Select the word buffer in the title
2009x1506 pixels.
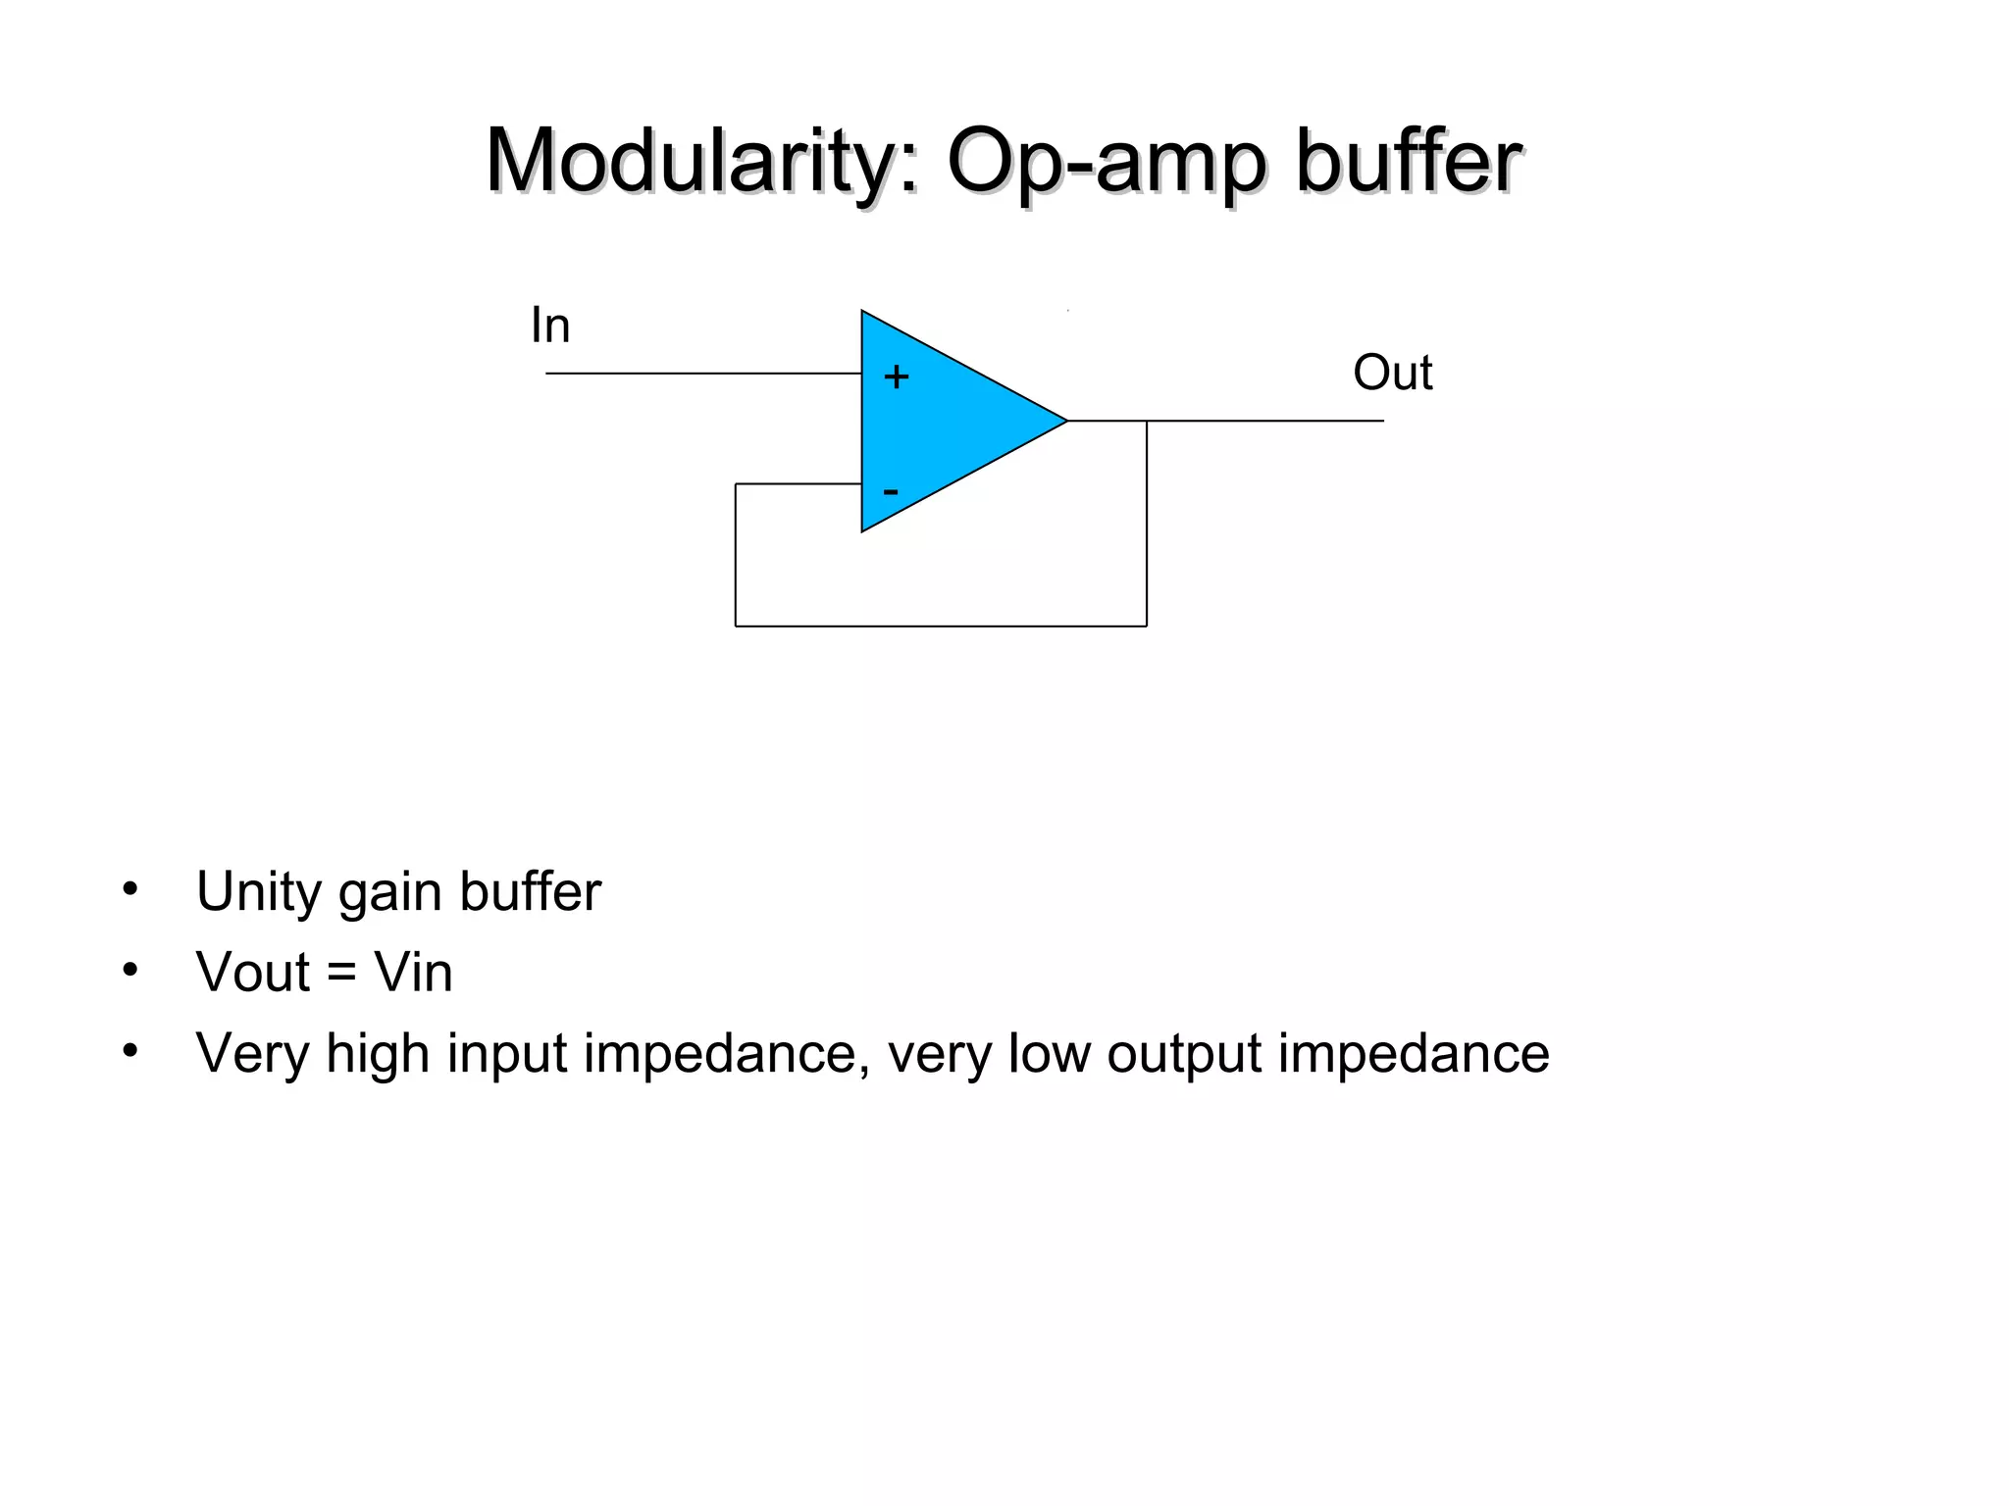[x=1408, y=162]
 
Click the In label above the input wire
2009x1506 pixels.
[x=549, y=326]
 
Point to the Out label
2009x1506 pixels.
[x=1392, y=373]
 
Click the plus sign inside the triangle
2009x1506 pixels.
[x=896, y=376]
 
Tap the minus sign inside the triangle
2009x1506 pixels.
[x=891, y=490]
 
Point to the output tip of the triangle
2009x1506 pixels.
[x=1064, y=421]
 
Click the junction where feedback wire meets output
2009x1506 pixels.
[x=1147, y=421]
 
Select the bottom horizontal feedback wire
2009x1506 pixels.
[x=942, y=626]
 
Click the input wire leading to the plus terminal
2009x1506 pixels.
[x=701, y=374]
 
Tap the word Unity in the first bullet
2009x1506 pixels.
[x=257, y=892]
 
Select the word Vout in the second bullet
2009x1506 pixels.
[x=253, y=973]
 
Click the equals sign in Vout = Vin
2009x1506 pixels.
[x=341, y=974]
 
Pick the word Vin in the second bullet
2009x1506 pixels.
[x=413, y=973]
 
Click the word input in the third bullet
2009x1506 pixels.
[x=507, y=1055]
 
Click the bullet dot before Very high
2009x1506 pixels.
[x=130, y=1051]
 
